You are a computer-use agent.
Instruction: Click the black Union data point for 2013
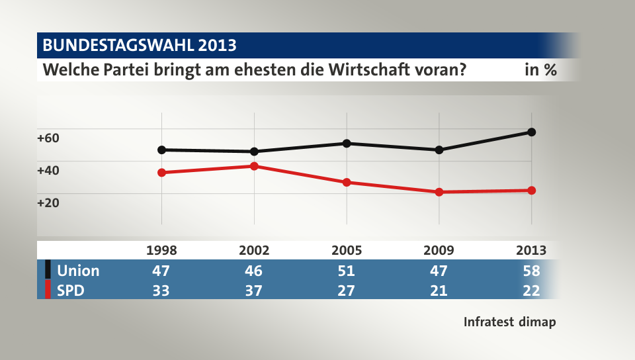[x=531, y=132]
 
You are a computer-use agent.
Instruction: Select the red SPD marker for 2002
[x=254, y=165]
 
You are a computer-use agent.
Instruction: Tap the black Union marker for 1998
[x=161, y=150]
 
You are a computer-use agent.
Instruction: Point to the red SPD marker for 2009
[x=439, y=192]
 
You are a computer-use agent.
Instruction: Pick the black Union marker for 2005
[x=347, y=143]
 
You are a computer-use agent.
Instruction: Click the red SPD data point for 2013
[x=531, y=191]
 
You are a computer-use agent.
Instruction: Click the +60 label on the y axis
[x=48, y=138]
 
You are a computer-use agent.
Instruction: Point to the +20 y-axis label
[x=48, y=202]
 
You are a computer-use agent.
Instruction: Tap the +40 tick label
[x=48, y=170]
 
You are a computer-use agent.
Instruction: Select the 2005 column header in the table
[x=347, y=250]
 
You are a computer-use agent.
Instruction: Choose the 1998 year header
[x=161, y=250]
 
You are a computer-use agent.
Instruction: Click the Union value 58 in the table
[x=531, y=271]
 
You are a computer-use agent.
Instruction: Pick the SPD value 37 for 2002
[x=254, y=290]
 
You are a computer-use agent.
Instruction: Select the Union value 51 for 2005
[x=347, y=271]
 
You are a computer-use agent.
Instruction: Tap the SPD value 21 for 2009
[x=439, y=290]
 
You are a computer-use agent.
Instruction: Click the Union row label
[x=78, y=271]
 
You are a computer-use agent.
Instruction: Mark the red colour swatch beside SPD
[x=48, y=290]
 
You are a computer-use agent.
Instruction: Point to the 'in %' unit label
[x=540, y=70]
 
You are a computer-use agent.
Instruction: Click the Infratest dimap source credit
[x=509, y=322]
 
